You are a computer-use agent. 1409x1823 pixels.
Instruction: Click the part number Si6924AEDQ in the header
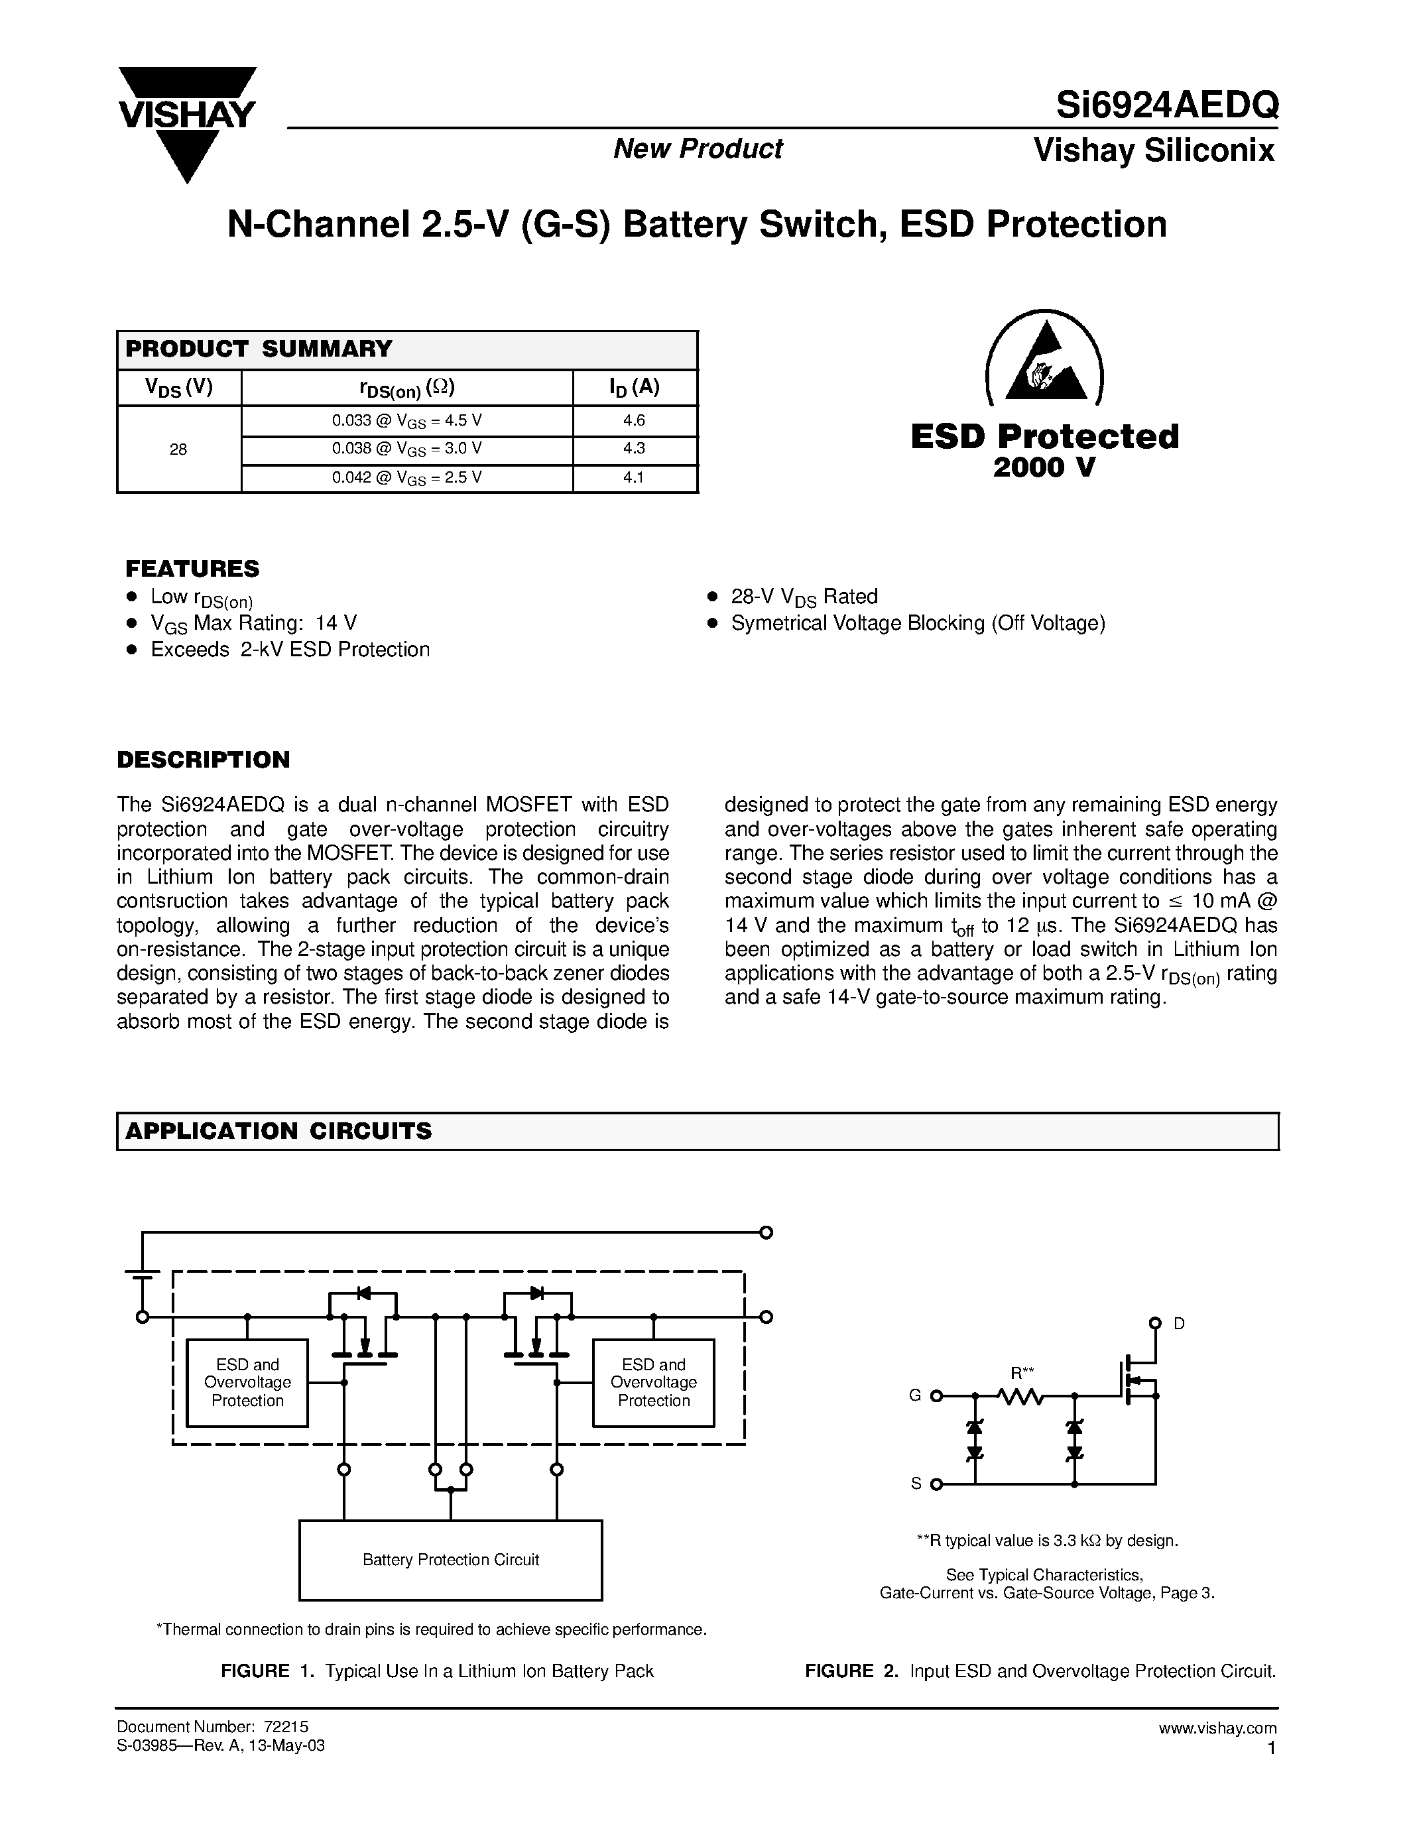tap(1166, 106)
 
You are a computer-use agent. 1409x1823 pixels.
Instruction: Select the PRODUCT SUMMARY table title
tap(259, 349)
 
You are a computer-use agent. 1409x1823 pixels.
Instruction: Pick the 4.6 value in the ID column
tap(635, 421)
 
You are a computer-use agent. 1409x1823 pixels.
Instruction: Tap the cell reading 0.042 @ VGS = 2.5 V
tap(406, 478)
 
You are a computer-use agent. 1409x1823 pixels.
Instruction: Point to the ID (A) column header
tap(635, 387)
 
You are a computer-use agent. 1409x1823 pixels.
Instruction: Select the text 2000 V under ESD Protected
tap(1044, 468)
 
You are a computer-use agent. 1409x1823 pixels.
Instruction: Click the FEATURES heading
tap(192, 569)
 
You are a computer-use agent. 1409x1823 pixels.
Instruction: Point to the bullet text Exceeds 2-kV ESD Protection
tap(290, 650)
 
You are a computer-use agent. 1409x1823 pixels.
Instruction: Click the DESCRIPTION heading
tap(203, 760)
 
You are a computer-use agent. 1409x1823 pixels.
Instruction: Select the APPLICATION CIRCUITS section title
tap(278, 1131)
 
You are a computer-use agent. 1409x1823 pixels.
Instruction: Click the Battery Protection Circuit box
tap(451, 1559)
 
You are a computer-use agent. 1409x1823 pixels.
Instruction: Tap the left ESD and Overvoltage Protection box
tap(247, 1382)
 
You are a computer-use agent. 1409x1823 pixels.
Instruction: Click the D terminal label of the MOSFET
tap(1179, 1324)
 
